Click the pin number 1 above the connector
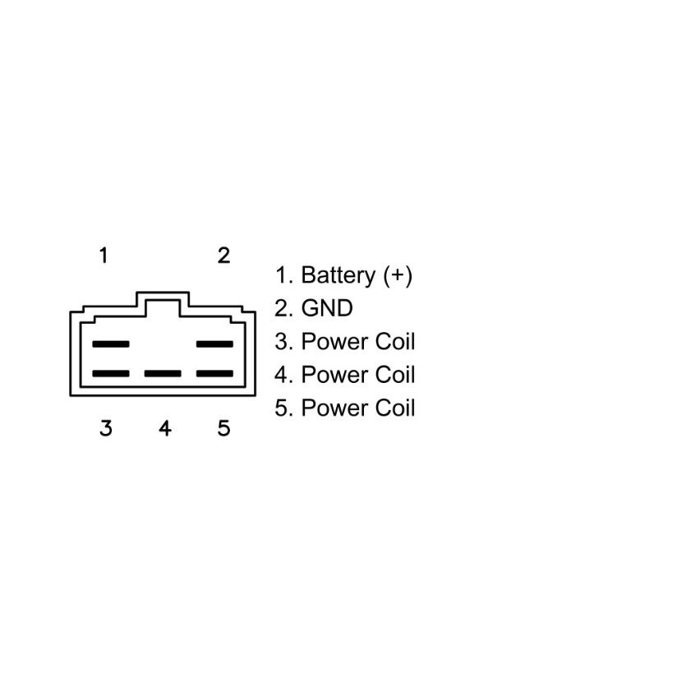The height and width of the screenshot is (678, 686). click(x=104, y=256)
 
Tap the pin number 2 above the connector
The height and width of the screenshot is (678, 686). click(x=223, y=256)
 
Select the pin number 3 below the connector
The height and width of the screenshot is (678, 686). click(x=105, y=428)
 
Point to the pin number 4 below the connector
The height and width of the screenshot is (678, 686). click(x=164, y=428)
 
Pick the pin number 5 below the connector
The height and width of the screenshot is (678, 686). click(x=223, y=428)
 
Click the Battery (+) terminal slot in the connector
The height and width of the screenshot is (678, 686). click(x=111, y=344)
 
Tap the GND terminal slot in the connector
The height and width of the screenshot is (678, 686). click(x=214, y=344)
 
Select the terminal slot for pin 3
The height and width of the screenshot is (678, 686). click(x=111, y=373)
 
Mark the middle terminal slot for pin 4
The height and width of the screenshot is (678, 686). click(x=163, y=373)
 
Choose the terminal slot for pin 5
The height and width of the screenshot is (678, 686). click(x=214, y=373)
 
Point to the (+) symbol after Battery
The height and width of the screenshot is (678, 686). click(x=398, y=274)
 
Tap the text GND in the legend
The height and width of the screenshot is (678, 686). click(x=326, y=308)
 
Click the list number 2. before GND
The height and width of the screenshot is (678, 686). click(x=283, y=308)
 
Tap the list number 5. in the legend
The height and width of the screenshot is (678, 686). click(x=283, y=408)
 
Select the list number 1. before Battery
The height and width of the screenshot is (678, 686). click(x=283, y=274)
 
